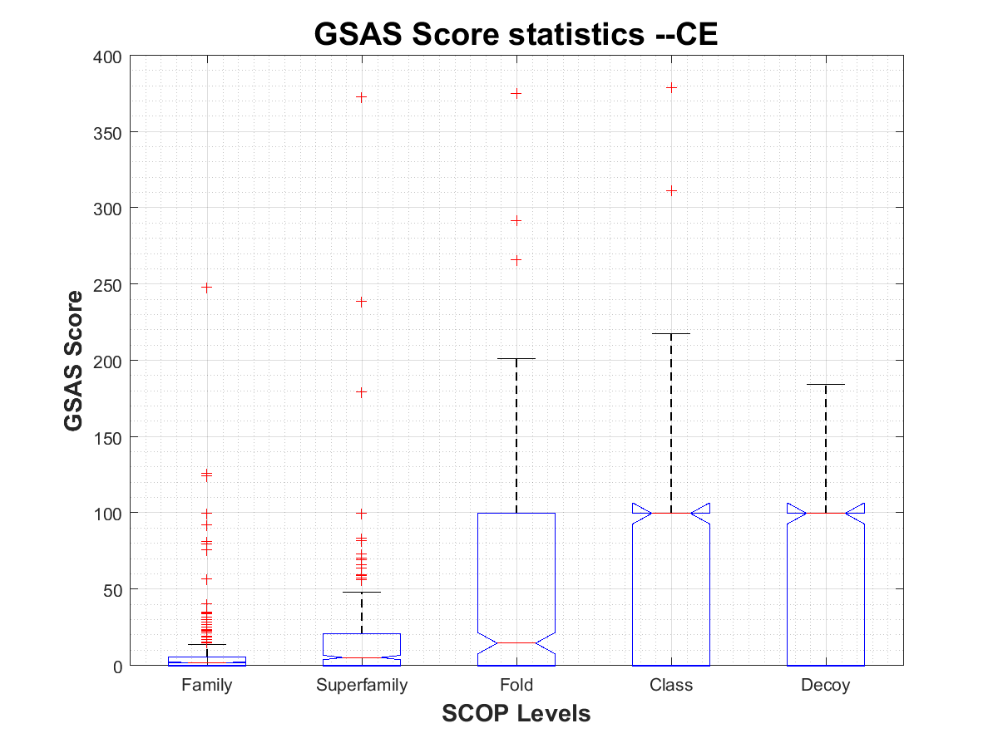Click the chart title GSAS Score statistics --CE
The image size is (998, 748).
tap(516, 34)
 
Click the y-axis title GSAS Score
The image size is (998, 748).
tap(74, 361)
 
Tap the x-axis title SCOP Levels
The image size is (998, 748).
tap(516, 713)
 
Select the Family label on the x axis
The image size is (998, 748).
tap(206, 686)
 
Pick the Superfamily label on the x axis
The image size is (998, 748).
tap(362, 686)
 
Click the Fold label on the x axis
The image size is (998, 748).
tap(516, 686)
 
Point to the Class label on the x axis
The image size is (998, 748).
tap(671, 686)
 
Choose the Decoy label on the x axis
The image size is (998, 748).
tap(826, 686)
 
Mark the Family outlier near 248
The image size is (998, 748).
tap(206, 288)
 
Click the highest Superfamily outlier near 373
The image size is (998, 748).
tap(362, 97)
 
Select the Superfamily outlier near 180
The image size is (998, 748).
tap(362, 391)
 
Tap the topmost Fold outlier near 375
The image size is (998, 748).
tap(516, 94)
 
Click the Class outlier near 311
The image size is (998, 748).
tap(671, 191)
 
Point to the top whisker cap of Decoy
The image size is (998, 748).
tap(826, 385)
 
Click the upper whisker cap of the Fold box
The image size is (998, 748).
tap(516, 359)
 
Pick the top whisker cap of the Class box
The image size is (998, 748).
tap(671, 334)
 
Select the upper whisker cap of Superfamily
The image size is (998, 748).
tap(362, 593)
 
